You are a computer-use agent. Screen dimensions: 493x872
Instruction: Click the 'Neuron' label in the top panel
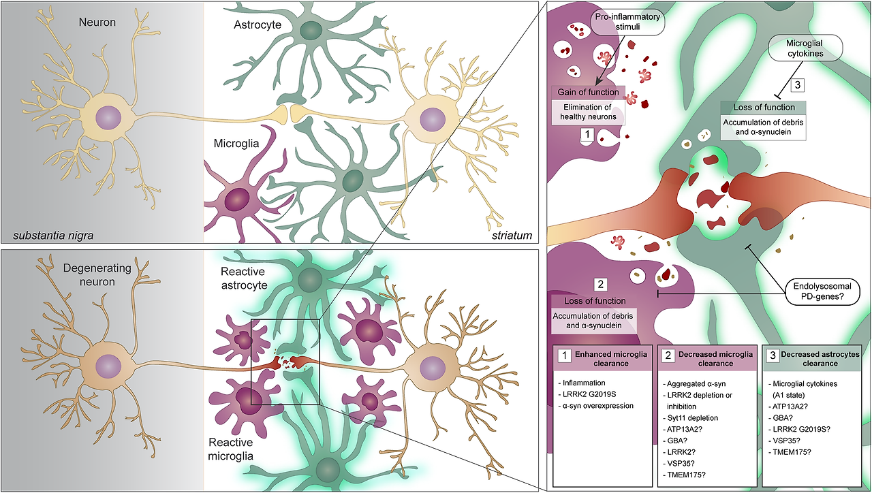point(97,22)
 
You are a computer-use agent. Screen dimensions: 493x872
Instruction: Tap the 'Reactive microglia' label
point(241,448)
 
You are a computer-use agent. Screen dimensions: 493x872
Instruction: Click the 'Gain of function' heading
point(587,92)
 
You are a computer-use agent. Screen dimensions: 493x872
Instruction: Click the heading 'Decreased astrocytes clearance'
point(817,360)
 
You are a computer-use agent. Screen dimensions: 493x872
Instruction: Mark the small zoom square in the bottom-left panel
point(285,362)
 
